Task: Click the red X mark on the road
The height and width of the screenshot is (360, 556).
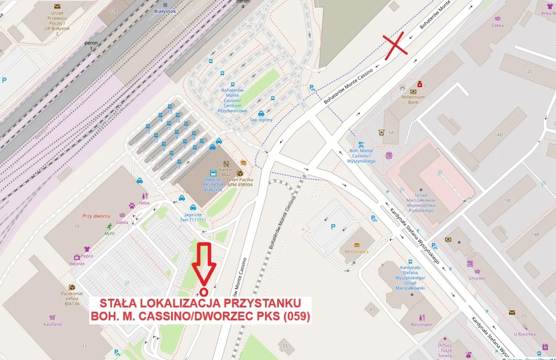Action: [x=395, y=44]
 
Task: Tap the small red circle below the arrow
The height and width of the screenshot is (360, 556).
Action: [x=203, y=292]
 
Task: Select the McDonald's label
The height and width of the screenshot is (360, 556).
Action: [x=356, y=251]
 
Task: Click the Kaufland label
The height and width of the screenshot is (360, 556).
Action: [x=53, y=324]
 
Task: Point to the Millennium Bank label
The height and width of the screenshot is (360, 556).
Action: [x=413, y=99]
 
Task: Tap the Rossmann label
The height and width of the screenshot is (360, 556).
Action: [x=421, y=324]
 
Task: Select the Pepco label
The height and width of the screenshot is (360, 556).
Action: [x=87, y=256]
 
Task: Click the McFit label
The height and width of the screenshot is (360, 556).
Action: [x=109, y=233]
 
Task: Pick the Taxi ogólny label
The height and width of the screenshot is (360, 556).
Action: [x=261, y=119]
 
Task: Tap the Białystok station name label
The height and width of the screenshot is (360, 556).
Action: [x=165, y=11]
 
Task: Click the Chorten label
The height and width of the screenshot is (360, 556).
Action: [x=477, y=278]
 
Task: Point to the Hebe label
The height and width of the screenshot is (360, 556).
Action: [x=144, y=203]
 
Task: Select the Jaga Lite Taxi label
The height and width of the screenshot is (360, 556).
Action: [x=193, y=217]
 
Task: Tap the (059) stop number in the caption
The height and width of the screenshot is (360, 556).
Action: [x=297, y=317]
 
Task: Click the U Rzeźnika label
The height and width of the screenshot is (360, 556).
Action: [x=524, y=334]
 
